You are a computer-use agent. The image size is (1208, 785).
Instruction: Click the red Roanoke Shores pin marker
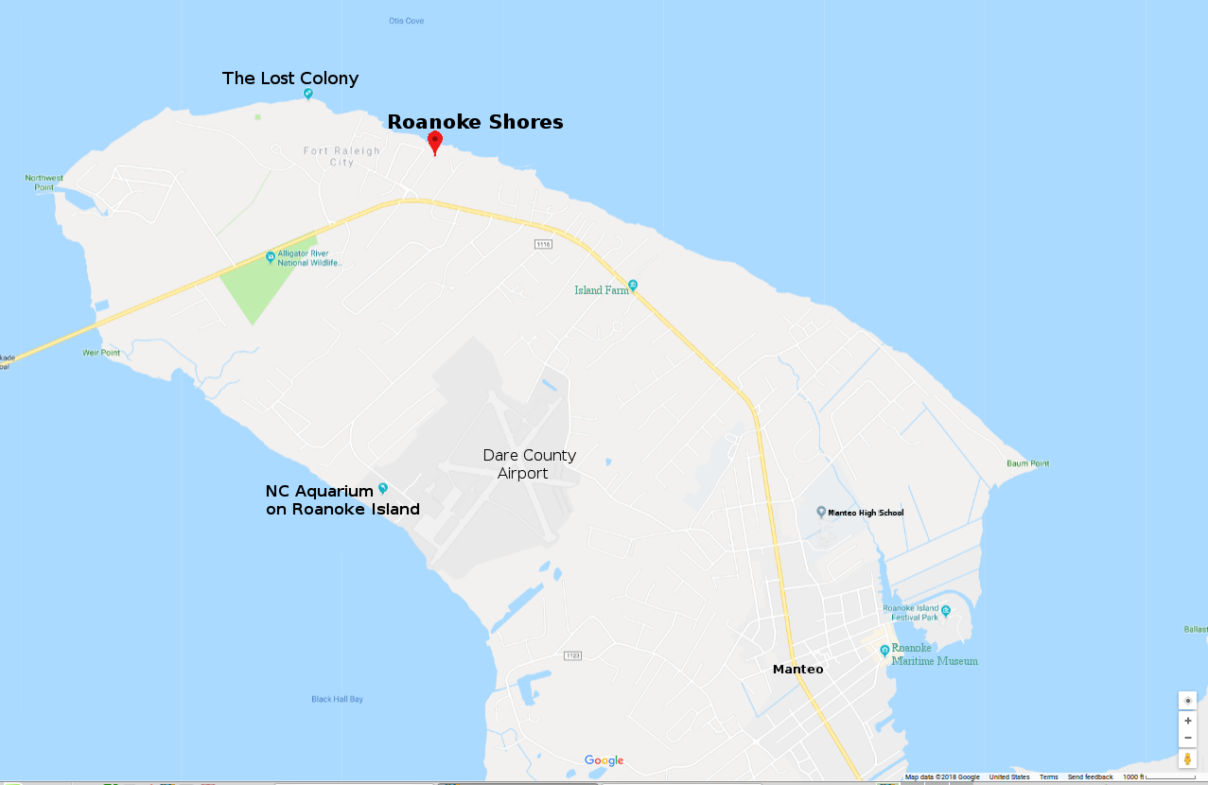pos(435,142)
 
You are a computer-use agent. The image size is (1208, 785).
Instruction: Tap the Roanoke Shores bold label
pos(475,122)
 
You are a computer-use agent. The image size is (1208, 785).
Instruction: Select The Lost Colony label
pos(290,78)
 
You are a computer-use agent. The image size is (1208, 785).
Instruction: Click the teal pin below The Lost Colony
pos(308,94)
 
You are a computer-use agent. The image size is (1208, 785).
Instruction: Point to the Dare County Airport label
pos(529,463)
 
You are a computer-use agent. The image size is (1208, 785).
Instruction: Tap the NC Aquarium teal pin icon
pos(383,488)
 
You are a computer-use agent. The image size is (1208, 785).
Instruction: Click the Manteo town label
pos(797,670)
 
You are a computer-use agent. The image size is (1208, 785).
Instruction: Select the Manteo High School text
pos(866,513)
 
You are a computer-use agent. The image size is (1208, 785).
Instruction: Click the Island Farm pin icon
pos(633,285)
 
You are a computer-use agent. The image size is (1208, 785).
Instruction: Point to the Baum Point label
pos(1028,463)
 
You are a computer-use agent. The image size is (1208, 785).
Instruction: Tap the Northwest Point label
pos(44,183)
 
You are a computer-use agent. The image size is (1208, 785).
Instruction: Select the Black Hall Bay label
pos(337,700)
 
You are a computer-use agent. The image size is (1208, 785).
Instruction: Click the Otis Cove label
pos(407,21)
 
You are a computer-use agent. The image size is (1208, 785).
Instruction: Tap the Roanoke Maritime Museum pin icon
pos(884,650)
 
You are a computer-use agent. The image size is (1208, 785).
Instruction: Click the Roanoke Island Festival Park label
pos(910,613)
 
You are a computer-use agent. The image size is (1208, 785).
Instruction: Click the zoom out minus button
pos(1187,738)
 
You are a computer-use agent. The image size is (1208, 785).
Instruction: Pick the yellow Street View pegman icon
pos(1187,759)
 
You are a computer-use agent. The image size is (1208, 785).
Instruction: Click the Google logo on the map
pos(604,760)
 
